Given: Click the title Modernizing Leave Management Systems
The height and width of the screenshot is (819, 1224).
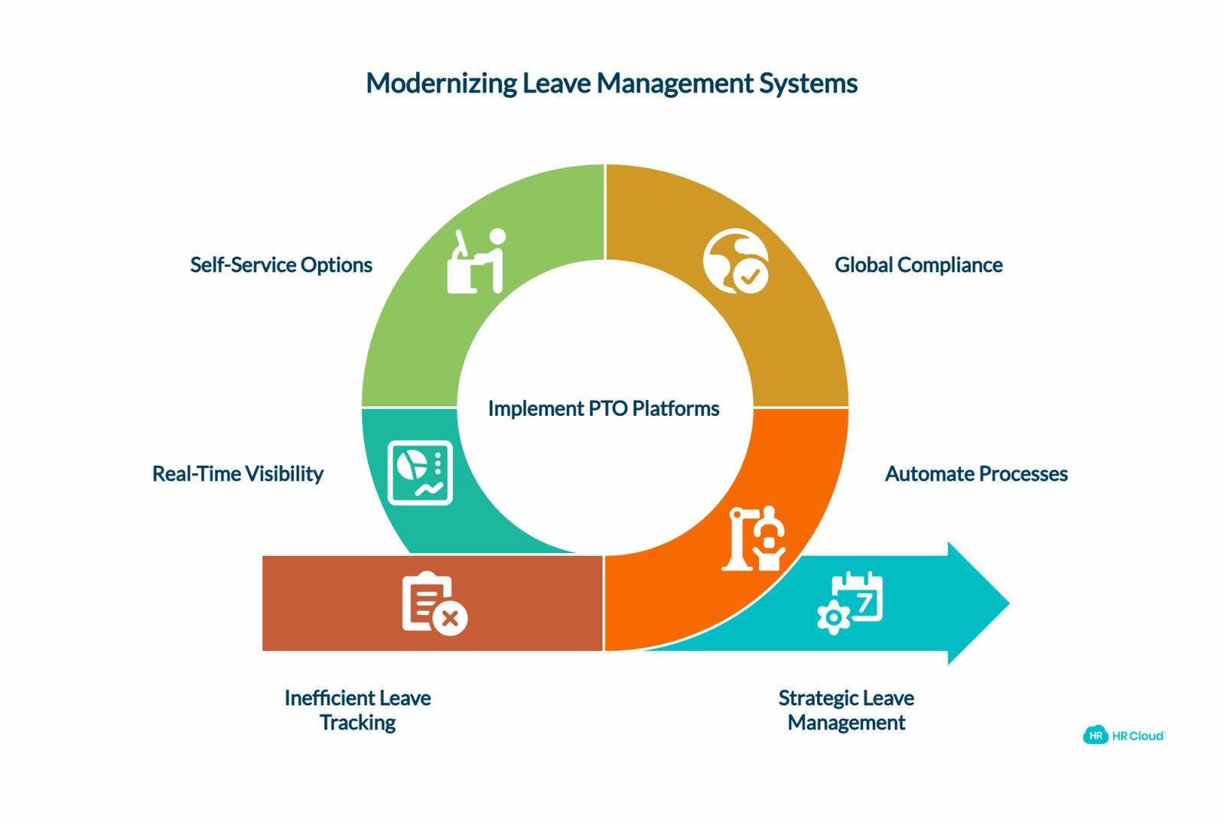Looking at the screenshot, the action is click(x=611, y=84).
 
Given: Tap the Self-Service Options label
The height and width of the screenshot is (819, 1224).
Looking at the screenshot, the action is click(x=281, y=265).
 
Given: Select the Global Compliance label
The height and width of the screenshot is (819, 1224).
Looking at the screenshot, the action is click(x=919, y=265).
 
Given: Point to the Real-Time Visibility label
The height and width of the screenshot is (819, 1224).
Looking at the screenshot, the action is click(x=238, y=473).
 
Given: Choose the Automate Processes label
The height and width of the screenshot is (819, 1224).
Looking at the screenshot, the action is click(x=976, y=473).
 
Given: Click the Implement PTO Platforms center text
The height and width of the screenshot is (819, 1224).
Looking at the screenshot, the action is click(x=604, y=408).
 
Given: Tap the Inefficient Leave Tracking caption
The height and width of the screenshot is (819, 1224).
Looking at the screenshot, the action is click(x=357, y=710).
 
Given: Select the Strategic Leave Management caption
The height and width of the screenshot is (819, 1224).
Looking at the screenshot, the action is click(x=846, y=710).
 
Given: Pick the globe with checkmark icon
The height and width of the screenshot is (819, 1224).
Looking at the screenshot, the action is click(x=736, y=262).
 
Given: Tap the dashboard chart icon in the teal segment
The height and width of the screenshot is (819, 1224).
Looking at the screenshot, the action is click(x=420, y=473).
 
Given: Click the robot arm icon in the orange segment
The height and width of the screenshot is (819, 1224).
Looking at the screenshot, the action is click(x=754, y=538).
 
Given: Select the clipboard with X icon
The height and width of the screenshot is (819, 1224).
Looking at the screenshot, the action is click(x=435, y=603).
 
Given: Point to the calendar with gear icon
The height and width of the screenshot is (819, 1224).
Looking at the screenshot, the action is click(x=850, y=603).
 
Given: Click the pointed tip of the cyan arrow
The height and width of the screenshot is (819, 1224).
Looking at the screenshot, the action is click(x=1009, y=603).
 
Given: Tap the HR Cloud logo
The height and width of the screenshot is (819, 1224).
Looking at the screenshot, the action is click(x=1124, y=736).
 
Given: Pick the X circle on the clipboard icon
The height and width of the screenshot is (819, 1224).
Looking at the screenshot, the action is click(x=450, y=619).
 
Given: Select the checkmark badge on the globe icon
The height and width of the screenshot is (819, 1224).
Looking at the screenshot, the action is click(x=750, y=277).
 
